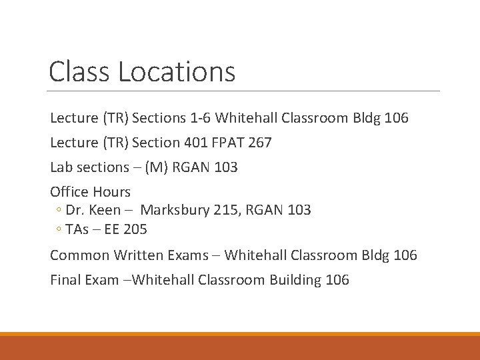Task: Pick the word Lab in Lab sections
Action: coord(61,167)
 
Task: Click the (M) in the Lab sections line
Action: coord(157,167)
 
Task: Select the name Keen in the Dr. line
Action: coord(106,210)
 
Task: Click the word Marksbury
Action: coord(175,210)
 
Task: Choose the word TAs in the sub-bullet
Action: coord(77,229)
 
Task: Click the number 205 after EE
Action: coord(135,229)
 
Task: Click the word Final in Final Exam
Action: coord(65,280)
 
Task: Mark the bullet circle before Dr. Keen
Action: coord(59,211)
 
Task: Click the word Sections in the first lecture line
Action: coord(159,118)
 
